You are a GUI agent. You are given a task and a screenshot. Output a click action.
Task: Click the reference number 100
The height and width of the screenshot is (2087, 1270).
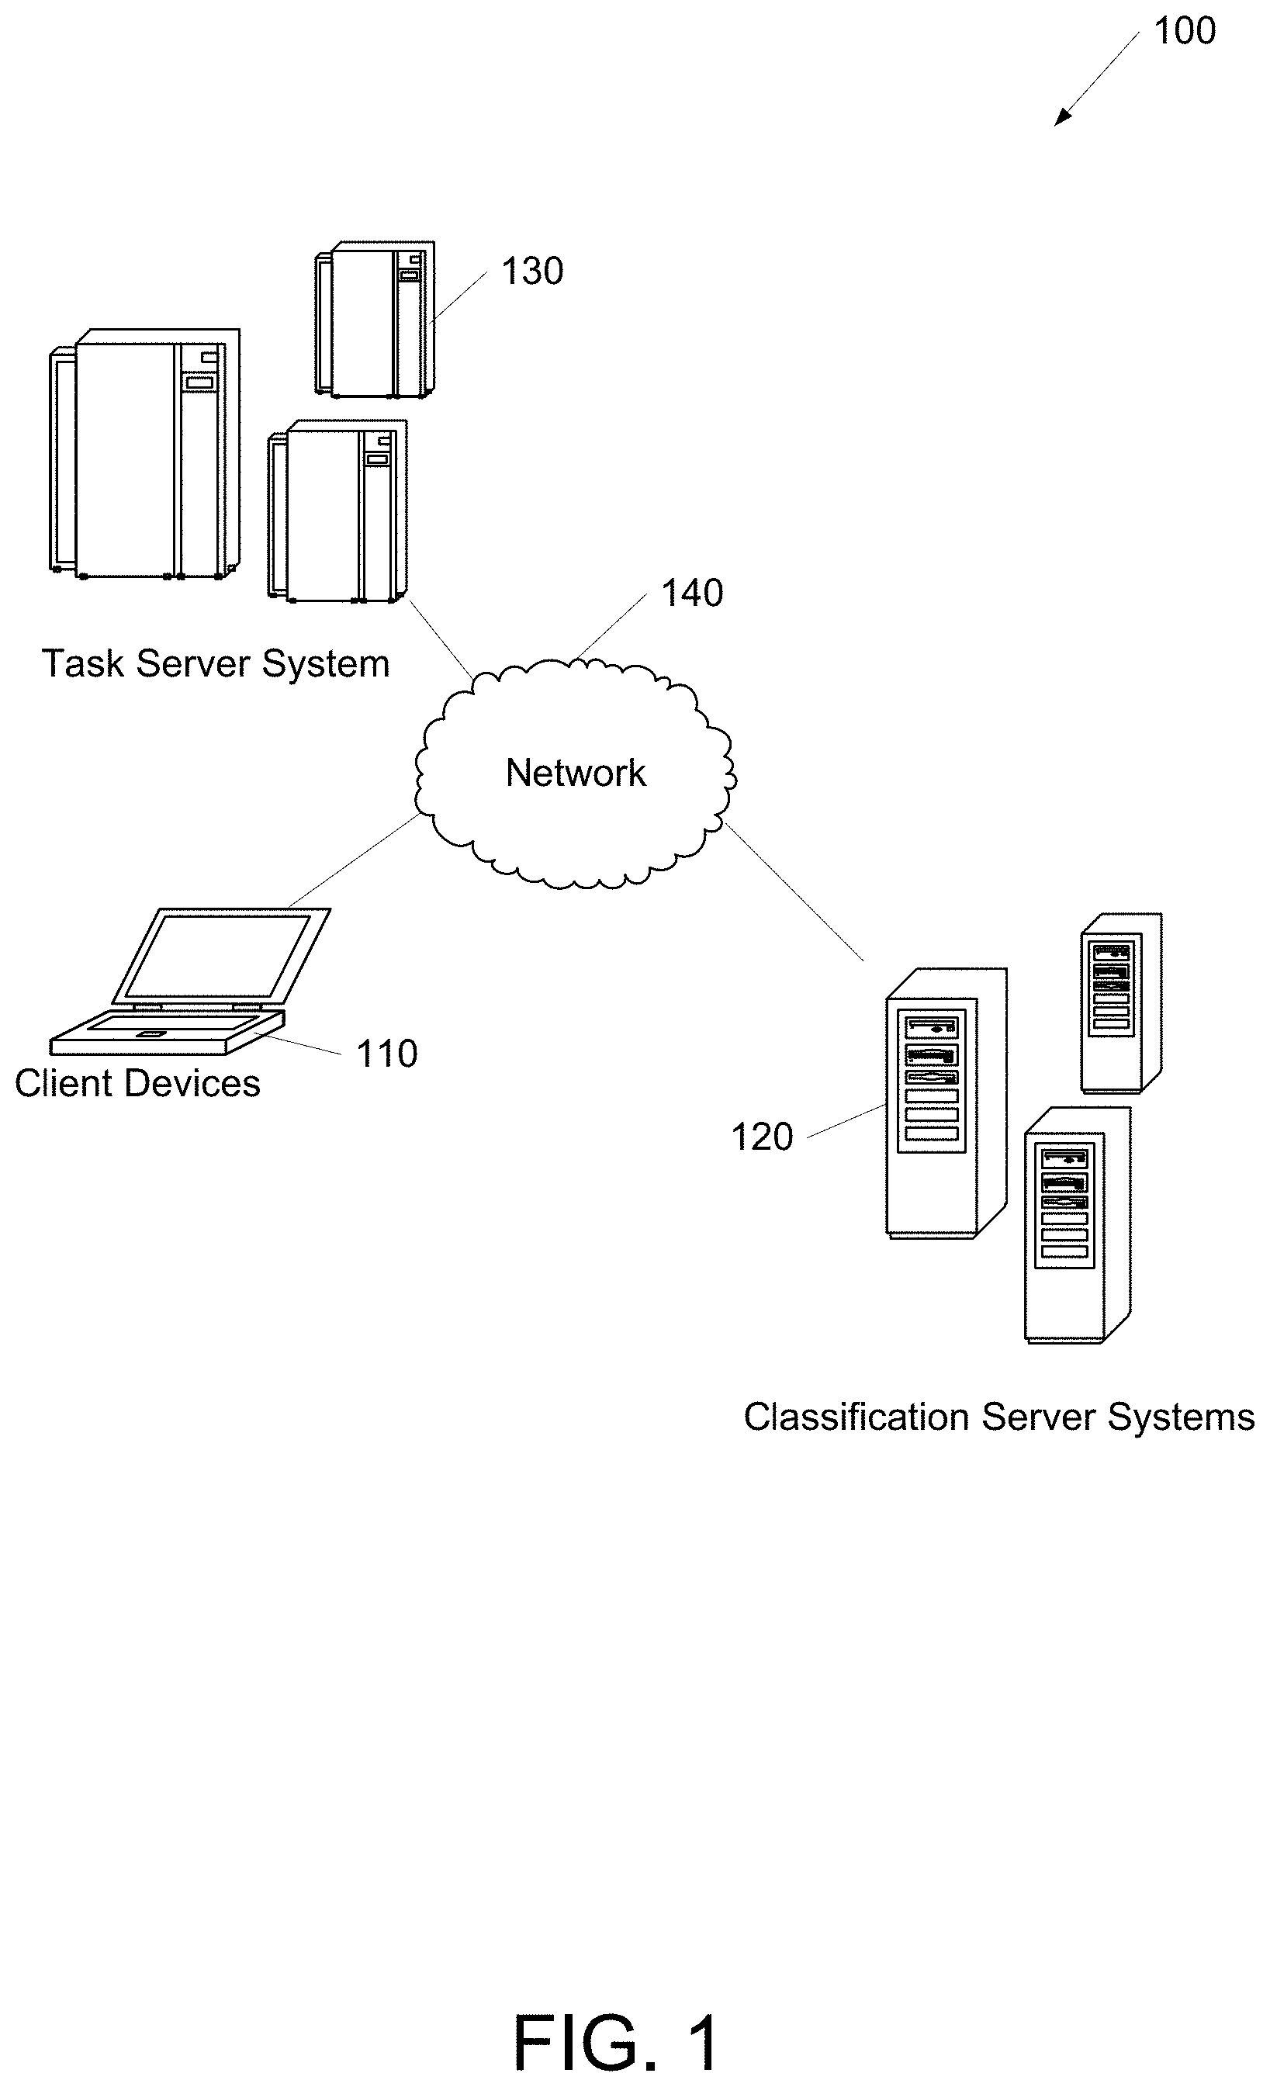click(1184, 31)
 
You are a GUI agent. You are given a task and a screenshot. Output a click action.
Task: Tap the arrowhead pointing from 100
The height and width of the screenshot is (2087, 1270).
click(1061, 119)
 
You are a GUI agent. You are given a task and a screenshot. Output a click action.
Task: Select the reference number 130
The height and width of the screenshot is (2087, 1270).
click(532, 272)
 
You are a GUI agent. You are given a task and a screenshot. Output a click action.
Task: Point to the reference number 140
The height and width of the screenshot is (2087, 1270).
click(691, 593)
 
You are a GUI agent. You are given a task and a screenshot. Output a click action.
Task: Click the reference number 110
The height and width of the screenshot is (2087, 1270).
click(386, 1054)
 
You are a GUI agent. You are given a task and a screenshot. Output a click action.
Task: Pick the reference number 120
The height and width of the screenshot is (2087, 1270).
click(761, 1137)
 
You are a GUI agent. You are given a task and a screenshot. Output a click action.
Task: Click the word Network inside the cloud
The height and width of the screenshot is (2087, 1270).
click(576, 773)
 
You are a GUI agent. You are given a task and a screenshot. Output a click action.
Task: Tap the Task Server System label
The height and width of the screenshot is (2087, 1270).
click(215, 663)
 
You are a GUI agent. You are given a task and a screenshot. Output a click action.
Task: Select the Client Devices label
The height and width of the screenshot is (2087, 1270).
click(137, 1083)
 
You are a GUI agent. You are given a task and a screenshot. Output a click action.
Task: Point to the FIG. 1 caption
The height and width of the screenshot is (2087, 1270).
click(616, 2043)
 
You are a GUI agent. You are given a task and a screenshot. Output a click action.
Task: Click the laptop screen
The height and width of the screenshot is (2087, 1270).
click(219, 955)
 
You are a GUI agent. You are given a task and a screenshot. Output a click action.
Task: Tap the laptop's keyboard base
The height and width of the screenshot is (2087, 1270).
click(165, 1033)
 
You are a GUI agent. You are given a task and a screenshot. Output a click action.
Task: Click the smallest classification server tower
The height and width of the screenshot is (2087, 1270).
click(1119, 1003)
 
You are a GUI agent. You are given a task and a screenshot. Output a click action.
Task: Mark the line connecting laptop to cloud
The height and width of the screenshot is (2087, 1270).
click(353, 860)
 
